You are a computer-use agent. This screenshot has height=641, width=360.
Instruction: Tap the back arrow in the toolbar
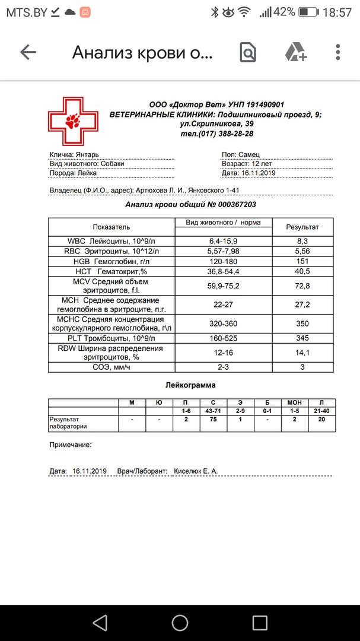(28, 52)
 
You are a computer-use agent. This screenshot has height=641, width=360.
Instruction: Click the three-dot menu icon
(338, 52)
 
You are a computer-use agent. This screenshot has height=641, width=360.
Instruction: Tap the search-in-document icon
(248, 52)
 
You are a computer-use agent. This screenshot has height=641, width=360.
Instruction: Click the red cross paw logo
(74, 121)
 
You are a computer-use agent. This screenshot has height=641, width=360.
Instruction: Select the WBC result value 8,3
(302, 242)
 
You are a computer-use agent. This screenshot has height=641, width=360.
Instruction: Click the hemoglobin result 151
(302, 261)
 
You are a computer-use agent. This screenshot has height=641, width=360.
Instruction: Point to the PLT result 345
(302, 338)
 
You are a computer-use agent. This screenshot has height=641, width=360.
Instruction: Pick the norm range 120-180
(223, 261)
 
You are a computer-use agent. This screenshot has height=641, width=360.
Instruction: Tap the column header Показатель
(111, 227)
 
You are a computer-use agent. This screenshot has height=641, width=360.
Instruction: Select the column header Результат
(302, 227)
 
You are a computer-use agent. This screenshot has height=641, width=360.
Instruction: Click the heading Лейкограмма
(190, 385)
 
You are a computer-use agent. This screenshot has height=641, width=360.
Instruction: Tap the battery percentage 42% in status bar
(284, 12)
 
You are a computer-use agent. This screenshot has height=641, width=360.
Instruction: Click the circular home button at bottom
(180, 622)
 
